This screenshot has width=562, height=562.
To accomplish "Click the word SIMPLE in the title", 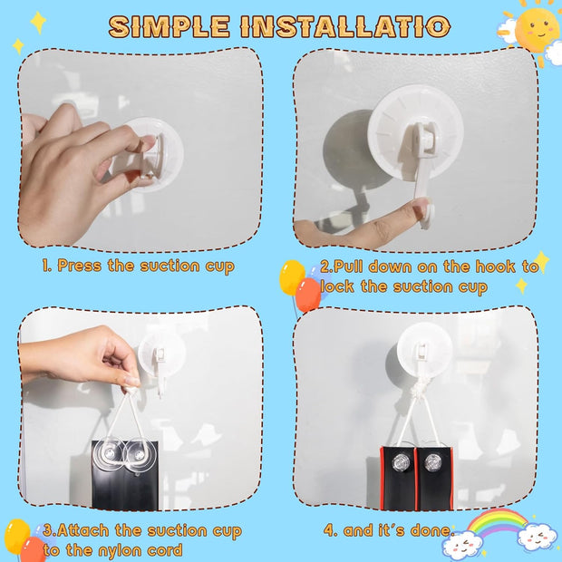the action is (169, 26).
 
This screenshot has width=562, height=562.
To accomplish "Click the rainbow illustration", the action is (497, 522).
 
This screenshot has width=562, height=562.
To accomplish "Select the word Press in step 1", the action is (80, 266).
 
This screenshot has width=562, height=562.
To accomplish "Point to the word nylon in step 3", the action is (120, 550).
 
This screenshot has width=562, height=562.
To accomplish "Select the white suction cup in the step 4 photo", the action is (424, 350).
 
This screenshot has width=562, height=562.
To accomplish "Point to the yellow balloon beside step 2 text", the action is (292, 277).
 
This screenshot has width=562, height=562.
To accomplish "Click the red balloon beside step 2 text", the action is (307, 295).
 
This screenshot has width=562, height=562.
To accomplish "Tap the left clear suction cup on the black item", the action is (109, 454).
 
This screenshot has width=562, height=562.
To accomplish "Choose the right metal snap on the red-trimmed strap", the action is (431, 463).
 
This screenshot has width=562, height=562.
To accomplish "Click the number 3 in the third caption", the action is (47, 530).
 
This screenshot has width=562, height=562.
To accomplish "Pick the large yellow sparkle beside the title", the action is (38, 23).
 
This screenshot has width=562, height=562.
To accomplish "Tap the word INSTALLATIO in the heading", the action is (345, 26).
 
